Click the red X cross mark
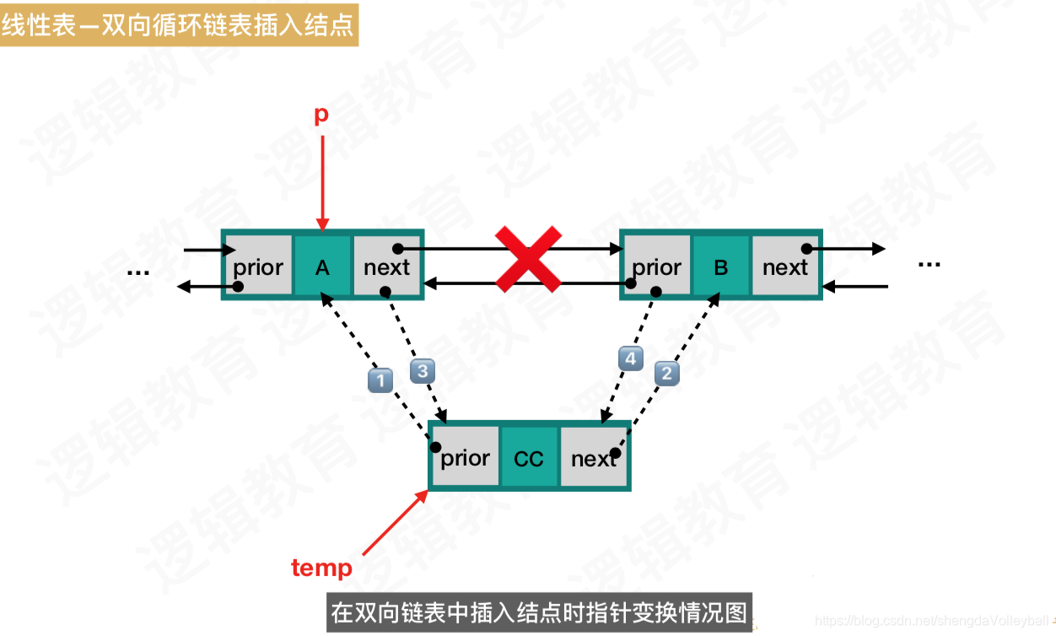coord(528,258)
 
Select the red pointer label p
coord(321,115)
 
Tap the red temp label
coord(321,568)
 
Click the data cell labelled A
coord(322,267)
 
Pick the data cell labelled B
coord(721,267)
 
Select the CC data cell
coord(529,459)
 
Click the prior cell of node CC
coord(465,457)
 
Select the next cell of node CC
coord(594,457)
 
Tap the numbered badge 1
coord(380,380)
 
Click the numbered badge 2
coord(667,373)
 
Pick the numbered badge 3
coord(423,369)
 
